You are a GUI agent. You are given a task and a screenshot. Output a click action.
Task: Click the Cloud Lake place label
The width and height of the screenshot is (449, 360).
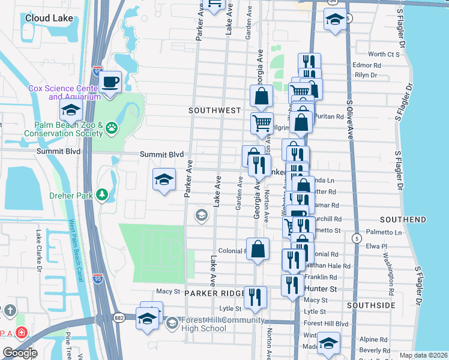tap(49, 18)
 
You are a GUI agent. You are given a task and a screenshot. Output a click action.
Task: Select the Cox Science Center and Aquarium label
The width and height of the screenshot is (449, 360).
tap(64, 92)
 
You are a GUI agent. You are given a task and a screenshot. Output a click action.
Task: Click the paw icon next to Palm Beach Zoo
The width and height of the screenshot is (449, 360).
tap(111, 127)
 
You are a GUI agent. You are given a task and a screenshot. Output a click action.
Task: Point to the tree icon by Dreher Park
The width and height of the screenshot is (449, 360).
tap(103, 194)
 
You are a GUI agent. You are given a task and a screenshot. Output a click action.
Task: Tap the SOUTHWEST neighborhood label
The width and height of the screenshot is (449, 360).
tap(214, 110)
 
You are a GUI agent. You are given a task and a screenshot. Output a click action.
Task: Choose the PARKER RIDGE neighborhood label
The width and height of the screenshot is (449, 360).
tap(214, 293)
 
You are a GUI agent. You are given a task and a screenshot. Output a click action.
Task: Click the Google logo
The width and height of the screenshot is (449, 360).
tap(20, 353)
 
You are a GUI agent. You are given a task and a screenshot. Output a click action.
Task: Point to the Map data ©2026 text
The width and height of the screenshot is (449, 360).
tap(423, 355)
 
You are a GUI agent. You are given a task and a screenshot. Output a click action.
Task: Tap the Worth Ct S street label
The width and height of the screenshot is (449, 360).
tap(384, 55)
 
